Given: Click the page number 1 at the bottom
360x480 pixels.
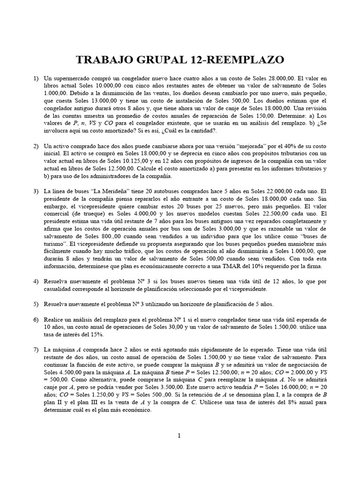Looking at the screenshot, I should (180, 435).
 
